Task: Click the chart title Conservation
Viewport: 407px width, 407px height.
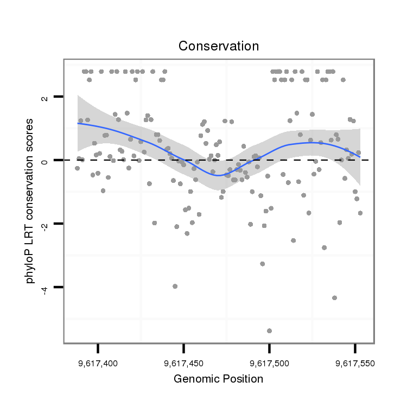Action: [x=219, y=46]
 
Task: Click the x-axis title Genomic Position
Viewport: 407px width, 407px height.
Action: [x=218, y=379]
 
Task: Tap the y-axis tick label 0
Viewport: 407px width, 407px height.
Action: [x=44, y=161]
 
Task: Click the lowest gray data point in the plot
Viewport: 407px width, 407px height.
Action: [x=269, y=330]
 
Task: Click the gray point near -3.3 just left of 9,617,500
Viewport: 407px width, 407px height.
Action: [x=263, y=264]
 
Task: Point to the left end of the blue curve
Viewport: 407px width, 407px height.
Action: [x=78, y=123]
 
